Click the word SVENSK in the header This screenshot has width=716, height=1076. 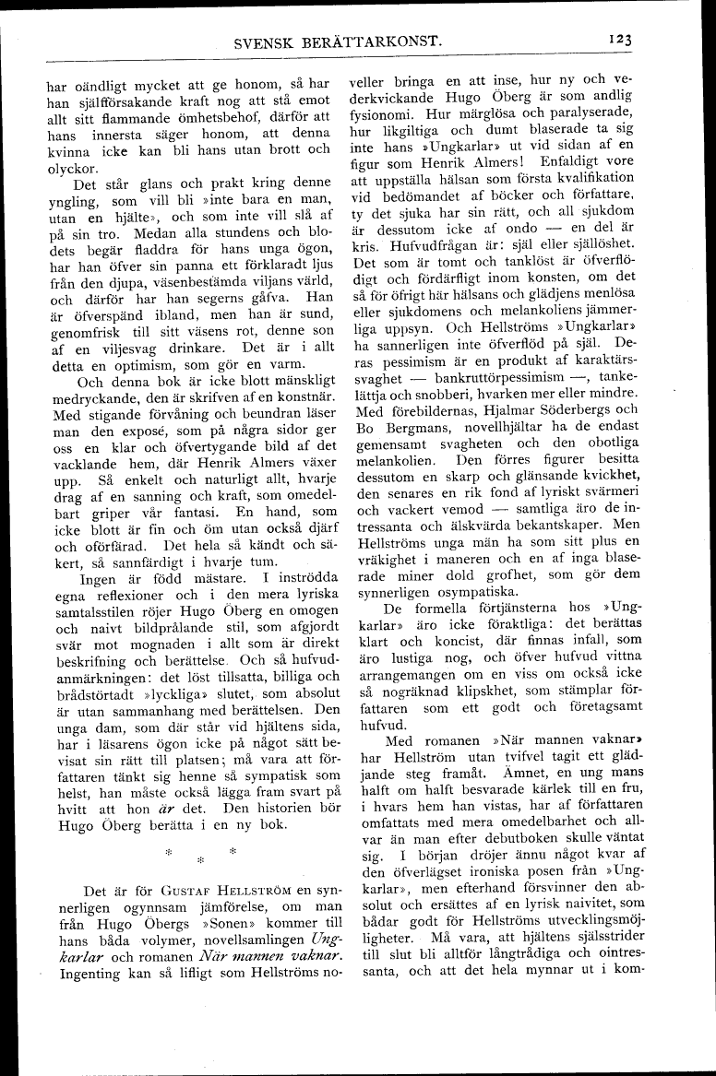pyautogui.click(x=266, y=41)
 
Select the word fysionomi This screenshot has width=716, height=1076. pyautogui.click(x=377, y=113)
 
